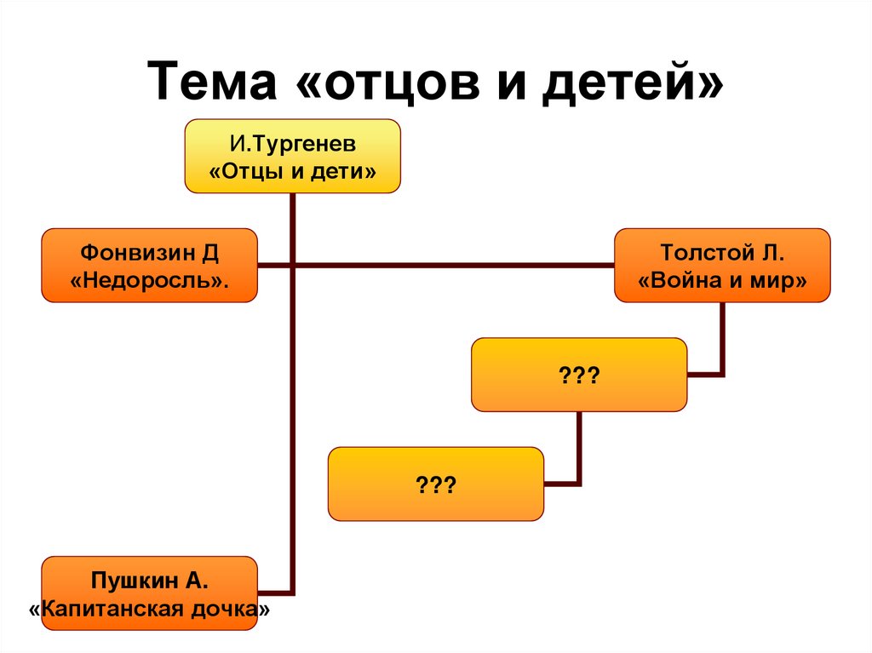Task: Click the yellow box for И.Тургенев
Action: (292, 156)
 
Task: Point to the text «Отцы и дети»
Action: (292, 171)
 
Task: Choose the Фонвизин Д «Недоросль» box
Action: (149, 265)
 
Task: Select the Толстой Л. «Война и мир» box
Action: (722, 265)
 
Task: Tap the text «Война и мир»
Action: (722, 280)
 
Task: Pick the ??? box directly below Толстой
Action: (579, 375)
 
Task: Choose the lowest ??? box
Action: (435, 484)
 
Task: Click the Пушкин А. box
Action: (149, 593)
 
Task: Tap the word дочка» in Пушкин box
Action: (241, 610)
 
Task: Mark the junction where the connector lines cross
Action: (292, 266)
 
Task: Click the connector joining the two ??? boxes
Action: (579, 460)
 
